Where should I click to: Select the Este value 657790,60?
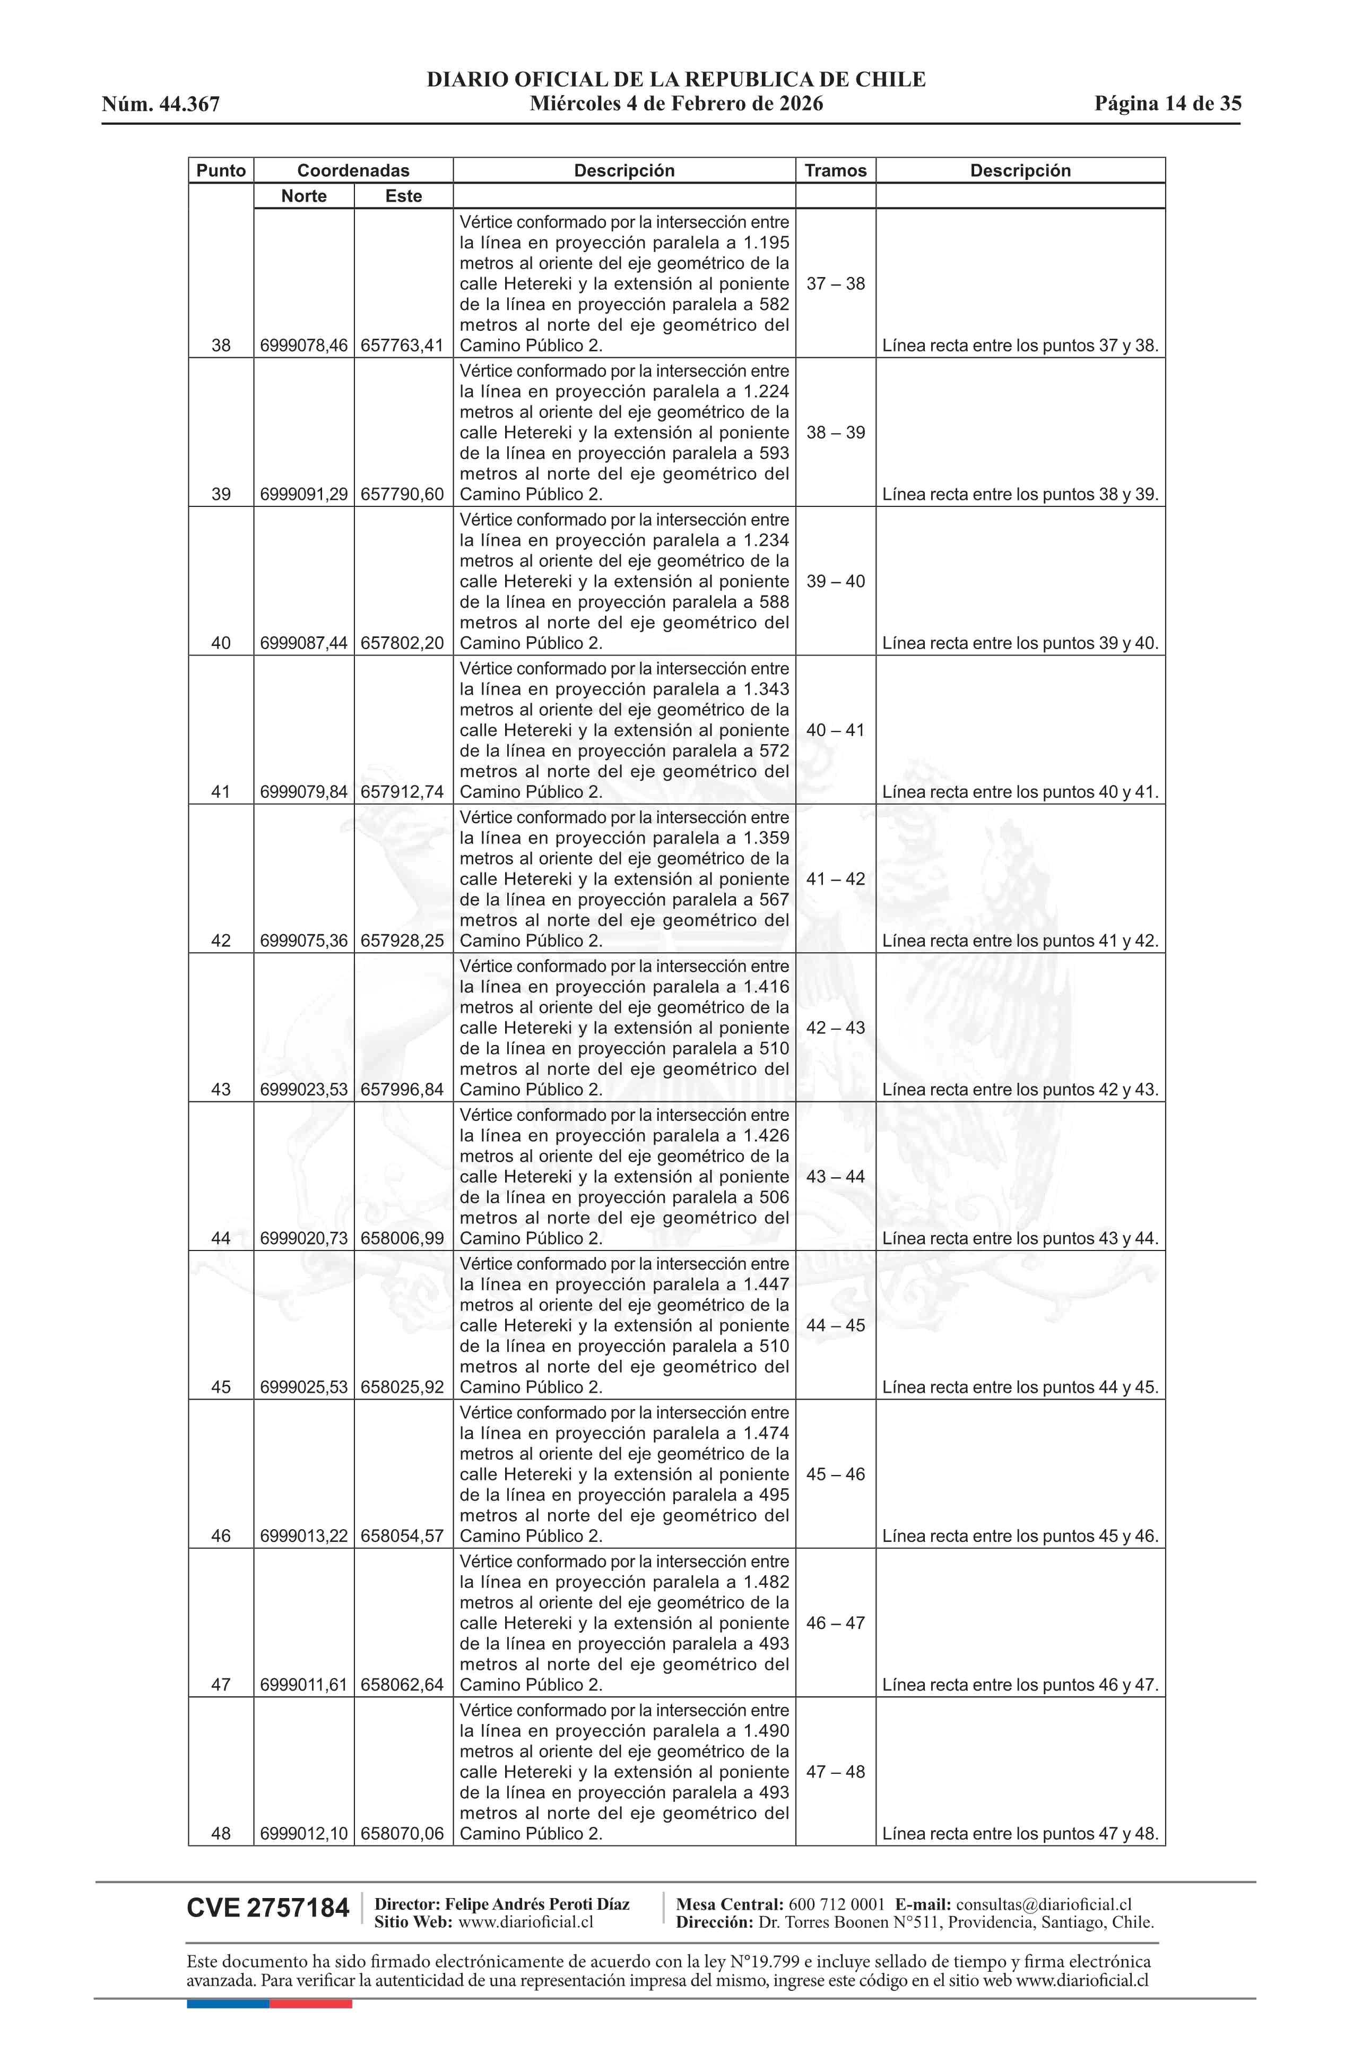[x=402, y=494]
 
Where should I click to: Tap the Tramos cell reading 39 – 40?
[x=835, y=581]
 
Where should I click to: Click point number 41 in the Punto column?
[x=221, y=791]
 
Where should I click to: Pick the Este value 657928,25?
[x=402, y=940]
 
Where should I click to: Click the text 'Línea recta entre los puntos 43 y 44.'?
[x=1020, y=1238]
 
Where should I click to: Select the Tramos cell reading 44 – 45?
[x=835, y=1325]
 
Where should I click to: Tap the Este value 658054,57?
[x=402, y=1535]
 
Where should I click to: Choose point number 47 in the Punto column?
[x=221, y=1684]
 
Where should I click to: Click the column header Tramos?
[x=835, y=170]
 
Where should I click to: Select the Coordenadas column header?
[x=353, y=170]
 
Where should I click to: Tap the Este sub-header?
[x=403, y=196]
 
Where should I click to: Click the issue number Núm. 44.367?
[x=161, y=105]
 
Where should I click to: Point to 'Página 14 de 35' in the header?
[x=1167, y=103]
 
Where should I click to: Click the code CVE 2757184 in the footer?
[x=268, y=1908]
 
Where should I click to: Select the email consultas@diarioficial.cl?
[x=1044, y=1904]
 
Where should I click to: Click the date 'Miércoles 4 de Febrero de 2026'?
[x=675, y=103]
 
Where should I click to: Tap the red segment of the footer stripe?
[x=310, y=2003]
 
